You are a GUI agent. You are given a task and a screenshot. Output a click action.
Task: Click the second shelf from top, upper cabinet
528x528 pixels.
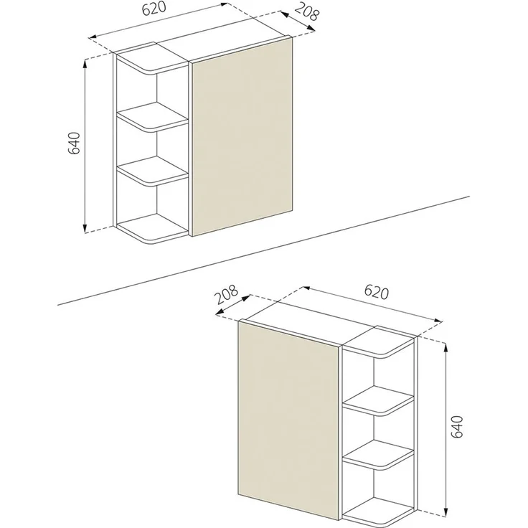(153, 117)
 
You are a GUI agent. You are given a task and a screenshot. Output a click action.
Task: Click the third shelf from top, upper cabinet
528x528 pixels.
(153, 173)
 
